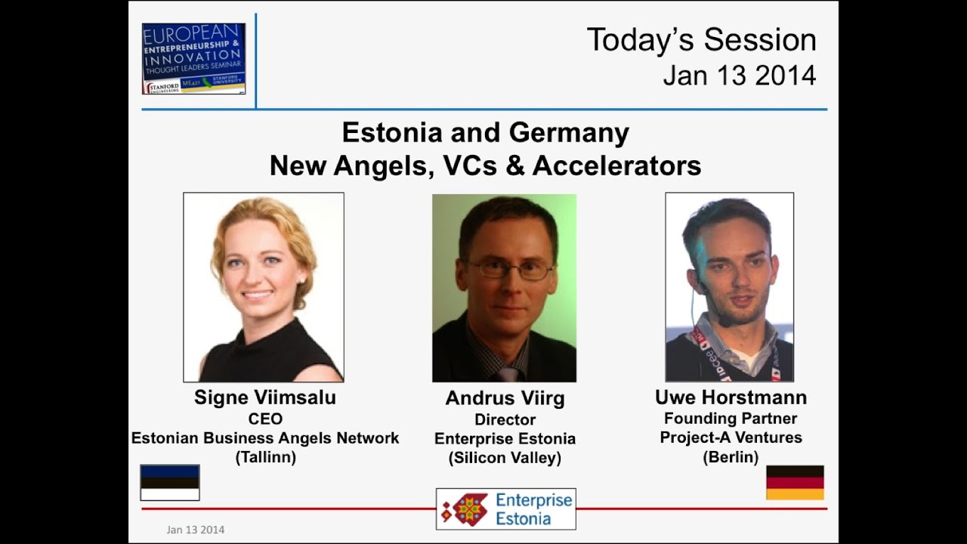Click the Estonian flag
click(x=170, y=482)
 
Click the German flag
click(x=795, y=482)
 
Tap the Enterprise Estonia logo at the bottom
click(x=505, y=508)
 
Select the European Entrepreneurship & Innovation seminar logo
click(x=193, y=58)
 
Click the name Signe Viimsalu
click(x=264, y=397)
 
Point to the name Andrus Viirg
click(x=505, y=398)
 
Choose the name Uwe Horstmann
click(x=731, y=397)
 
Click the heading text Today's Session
click(x=701, y=40)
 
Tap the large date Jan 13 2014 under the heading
click(x=739, y=76)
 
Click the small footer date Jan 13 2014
click(x=195, y=530)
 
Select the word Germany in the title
click(x=569, y=133)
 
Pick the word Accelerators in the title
click(x=616, y=165)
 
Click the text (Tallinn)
click(x=265, y=457)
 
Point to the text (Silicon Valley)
click(x=505, y=458)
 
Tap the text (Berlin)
click(x=731, y=456)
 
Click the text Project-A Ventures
click(x=731, y=437)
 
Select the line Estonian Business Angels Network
click(x=265, y=438)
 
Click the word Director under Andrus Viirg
click(x=505, y=419)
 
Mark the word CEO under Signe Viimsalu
click(x=265, y=419)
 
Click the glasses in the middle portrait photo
click(x=508, y=269)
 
